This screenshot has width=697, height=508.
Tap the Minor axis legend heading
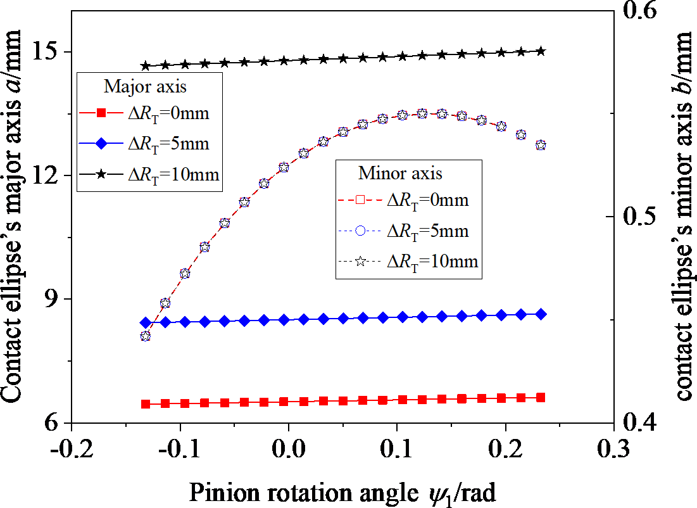coord(400,172)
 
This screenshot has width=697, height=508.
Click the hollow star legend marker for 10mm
coord(361,260)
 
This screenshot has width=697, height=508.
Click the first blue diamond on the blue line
coord(146,322)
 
